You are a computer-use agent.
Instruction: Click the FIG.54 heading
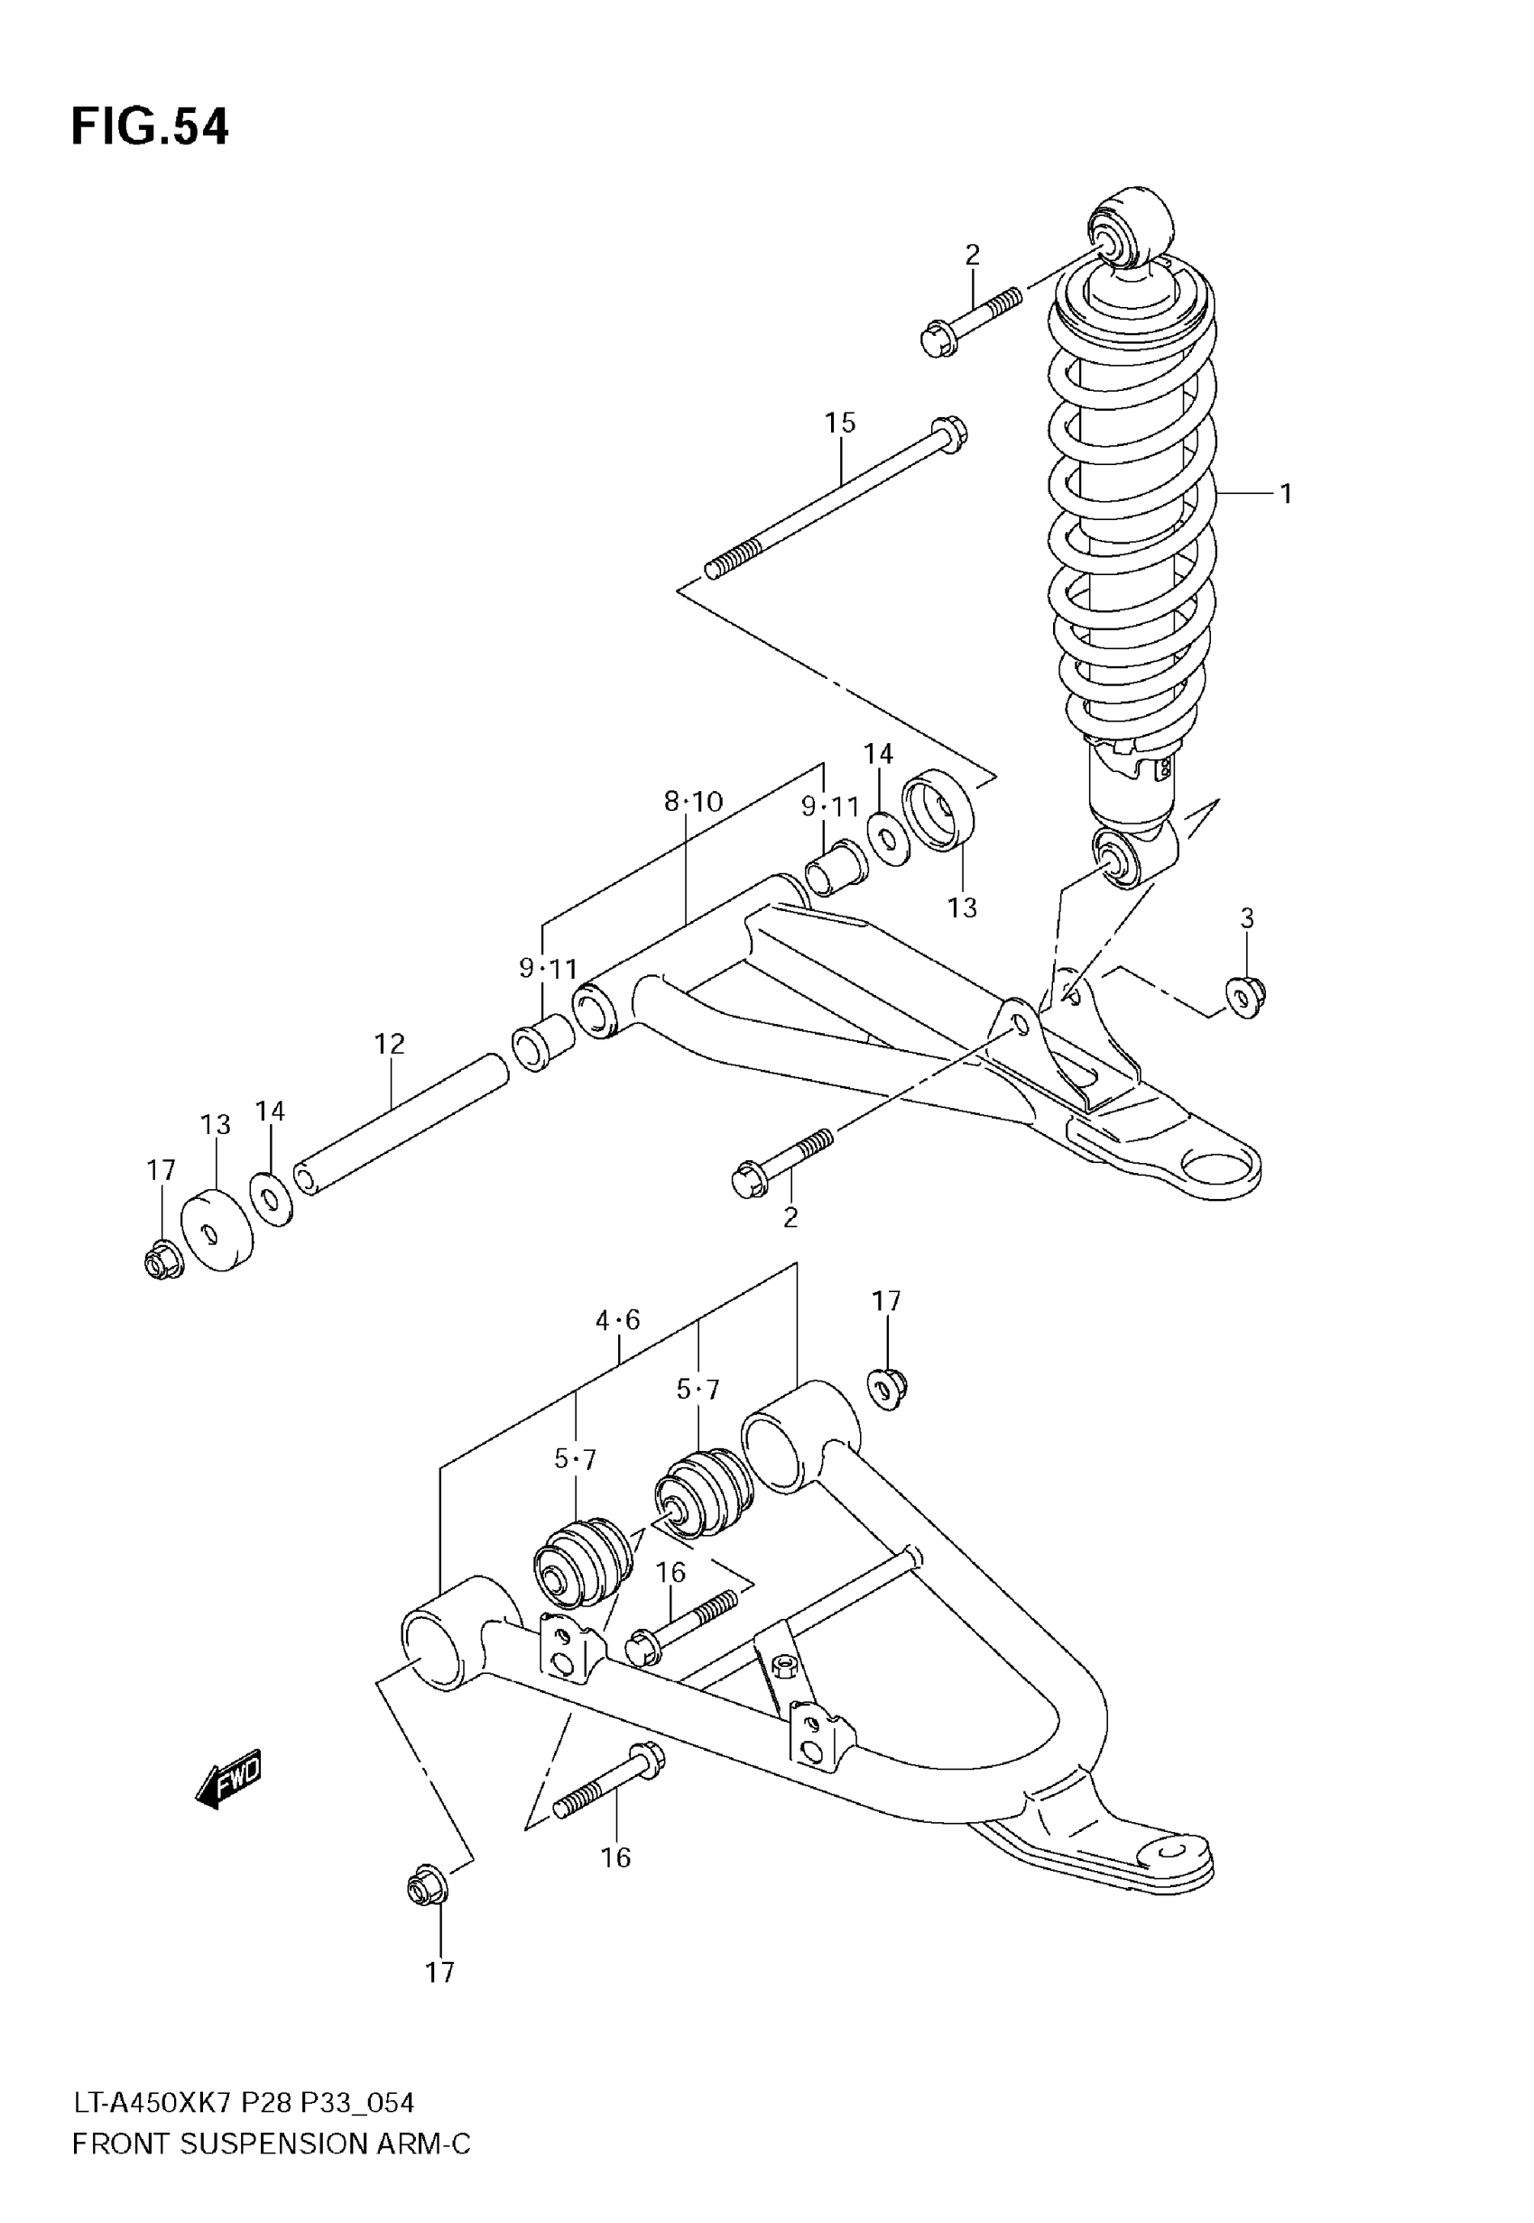pos(150,127)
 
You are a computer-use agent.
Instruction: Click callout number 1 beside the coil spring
pos(1285,494)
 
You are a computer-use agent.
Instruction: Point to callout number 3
pos(1247,918)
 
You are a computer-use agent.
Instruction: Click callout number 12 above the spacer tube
pos(389,1043)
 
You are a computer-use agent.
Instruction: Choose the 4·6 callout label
pos(617,1320)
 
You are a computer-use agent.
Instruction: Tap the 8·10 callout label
pos(693,802)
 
